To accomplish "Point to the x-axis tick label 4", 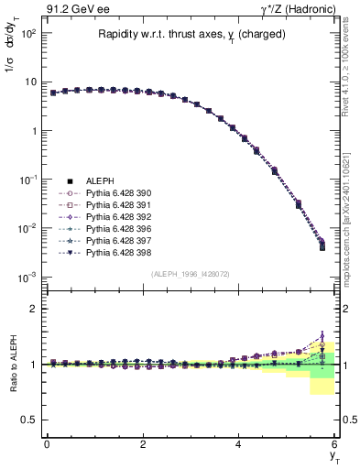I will (x=239, y=445).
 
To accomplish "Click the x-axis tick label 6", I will (x=335, y=445).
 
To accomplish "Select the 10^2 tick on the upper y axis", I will (x=27, y=33).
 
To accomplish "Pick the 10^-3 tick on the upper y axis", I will (x=27, y=277).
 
